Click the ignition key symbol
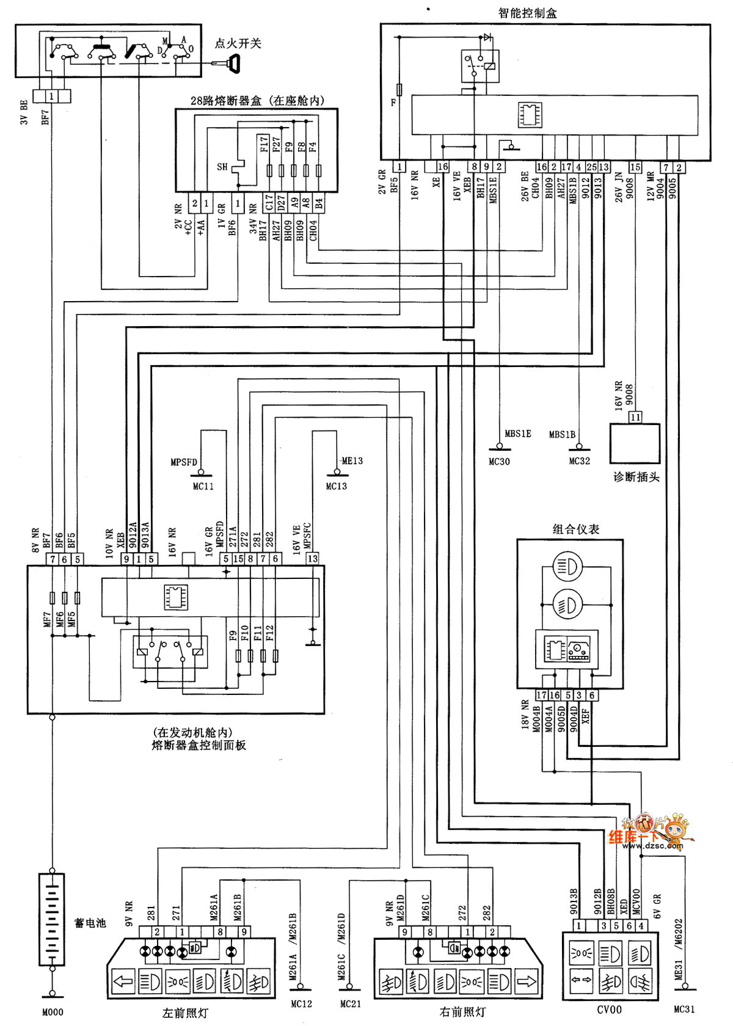[233, 63]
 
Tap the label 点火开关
[238, 43]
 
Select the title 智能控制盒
[528, 13]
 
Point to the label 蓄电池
[90, 923]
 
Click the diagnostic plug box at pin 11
[635, 443]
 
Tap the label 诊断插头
[636, 477]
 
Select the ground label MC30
[499, 462]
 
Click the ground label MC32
[579, 461]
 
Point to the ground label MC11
[203, 486]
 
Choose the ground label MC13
[336, 486]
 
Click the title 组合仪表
[575, 529]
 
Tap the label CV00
[609, 1010]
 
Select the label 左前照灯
[184, 1013]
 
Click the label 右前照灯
[462, 1012]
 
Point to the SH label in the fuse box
[222, 167]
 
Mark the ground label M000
[53, 1012]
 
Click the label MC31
[684, 1010]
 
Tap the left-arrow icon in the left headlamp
[123, 981]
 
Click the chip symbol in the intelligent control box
[530, 114]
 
